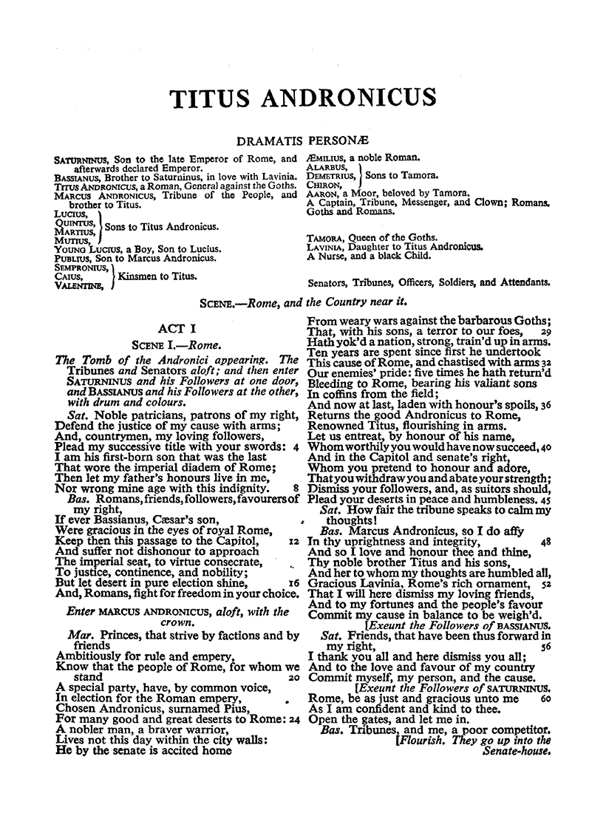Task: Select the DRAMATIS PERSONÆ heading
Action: point(302,140)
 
